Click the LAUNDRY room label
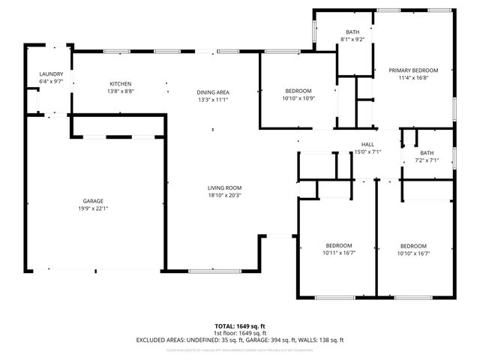51,74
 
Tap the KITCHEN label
121,83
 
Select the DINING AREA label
213,92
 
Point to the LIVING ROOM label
225,187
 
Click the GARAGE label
94,201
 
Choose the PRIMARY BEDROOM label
413,70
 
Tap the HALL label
367,145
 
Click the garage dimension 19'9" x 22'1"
94,209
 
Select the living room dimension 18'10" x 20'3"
225,196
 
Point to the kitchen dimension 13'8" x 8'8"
121,91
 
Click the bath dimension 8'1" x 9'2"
352,39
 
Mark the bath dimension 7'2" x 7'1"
427,160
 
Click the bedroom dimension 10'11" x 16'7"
338,253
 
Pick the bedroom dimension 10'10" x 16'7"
413,253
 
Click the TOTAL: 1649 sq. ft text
240,326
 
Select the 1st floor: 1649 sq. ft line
240,333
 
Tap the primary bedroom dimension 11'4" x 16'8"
413,77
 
